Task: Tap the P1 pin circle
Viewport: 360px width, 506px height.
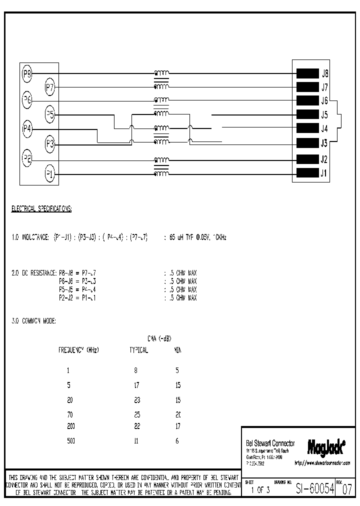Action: [50, 174]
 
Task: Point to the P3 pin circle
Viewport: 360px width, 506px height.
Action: [50, 144]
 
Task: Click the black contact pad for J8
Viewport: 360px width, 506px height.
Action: [307, 73]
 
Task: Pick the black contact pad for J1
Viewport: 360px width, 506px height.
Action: [307, 173]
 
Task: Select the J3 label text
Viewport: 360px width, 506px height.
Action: [324, 144]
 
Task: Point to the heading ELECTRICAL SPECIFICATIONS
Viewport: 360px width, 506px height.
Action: [41, 208]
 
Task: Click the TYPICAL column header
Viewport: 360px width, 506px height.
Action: [138, 350]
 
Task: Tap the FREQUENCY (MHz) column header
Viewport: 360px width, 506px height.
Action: [78, 350]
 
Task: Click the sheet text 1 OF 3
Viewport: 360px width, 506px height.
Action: [261, 490]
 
